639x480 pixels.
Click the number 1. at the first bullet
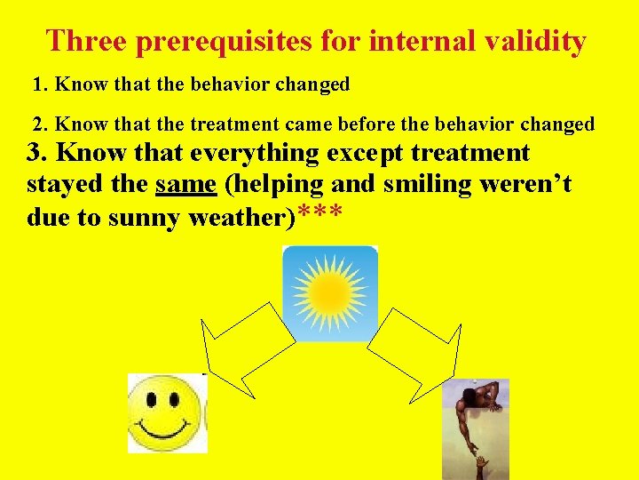click(x=40, y=85)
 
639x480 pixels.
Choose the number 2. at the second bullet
click(x=40, y=124)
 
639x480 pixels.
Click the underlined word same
click(x=185, y=185)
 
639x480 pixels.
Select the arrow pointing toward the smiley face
click(x=245, y=347)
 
